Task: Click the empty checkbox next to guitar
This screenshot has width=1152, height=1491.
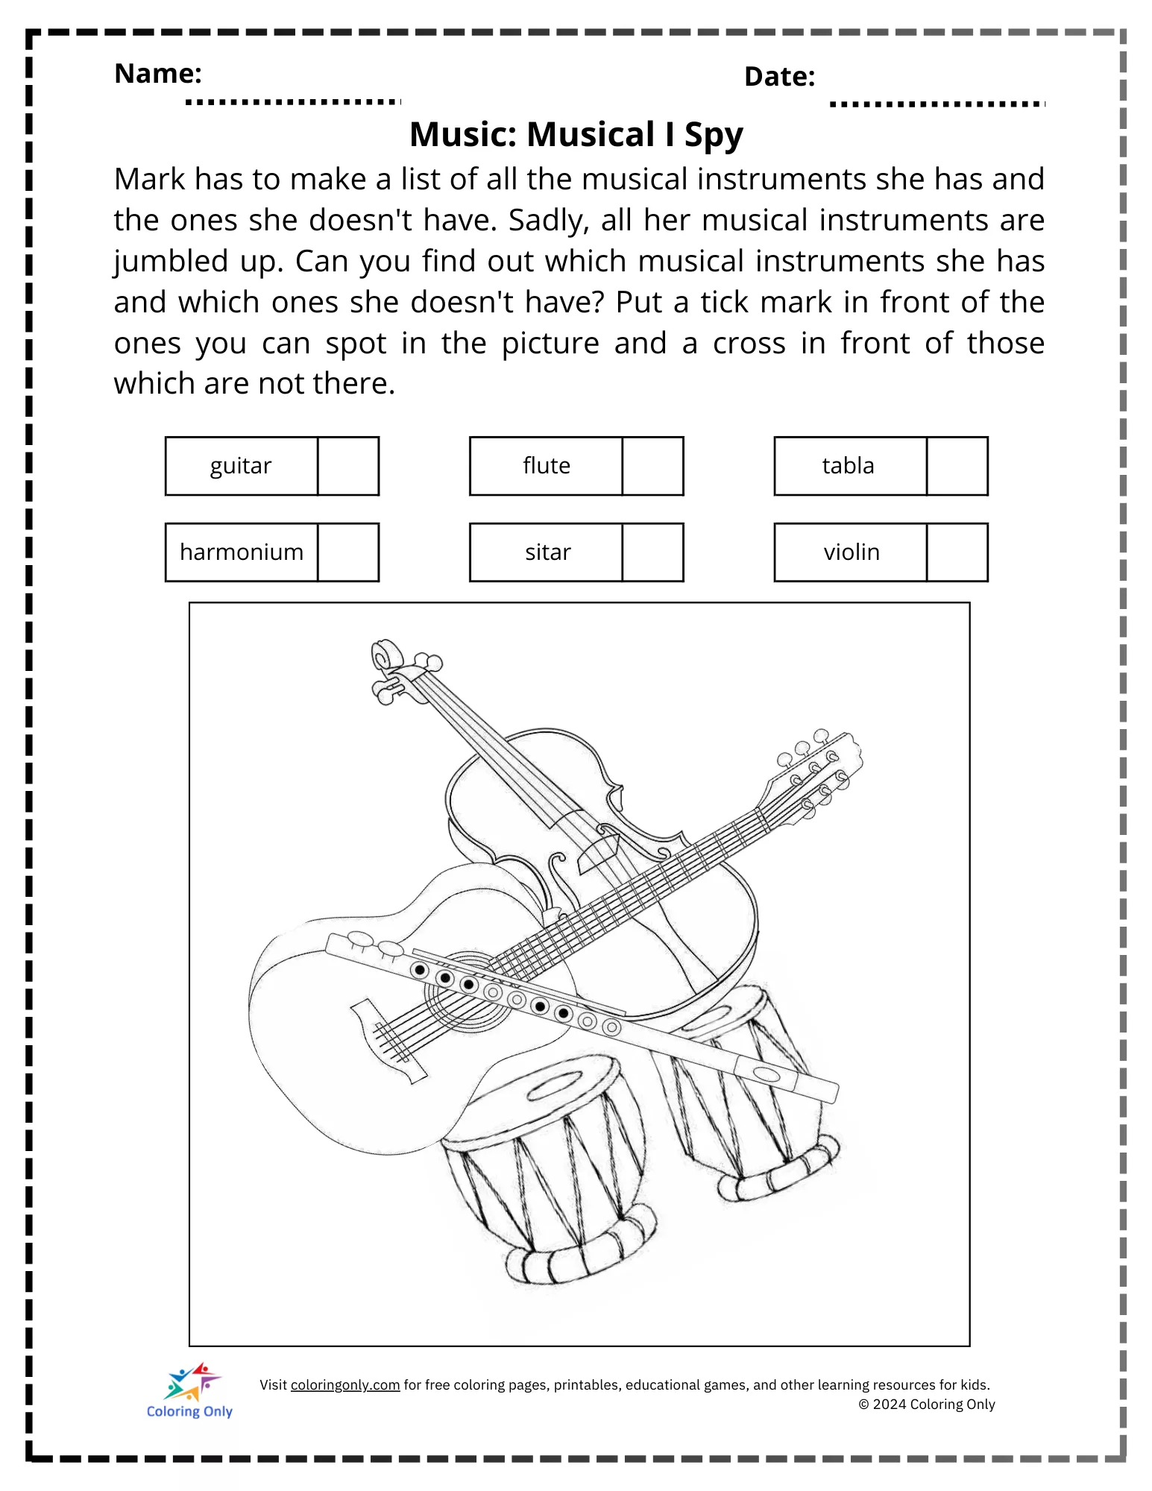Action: pos(348,466)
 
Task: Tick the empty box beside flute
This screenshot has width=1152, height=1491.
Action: pos(652,466)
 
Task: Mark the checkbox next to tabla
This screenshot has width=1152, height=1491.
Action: pos(957,466)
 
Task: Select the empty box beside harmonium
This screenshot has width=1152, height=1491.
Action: pos(348,552)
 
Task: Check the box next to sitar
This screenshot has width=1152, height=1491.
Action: pos(652,552)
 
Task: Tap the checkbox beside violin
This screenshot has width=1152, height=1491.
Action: pos(957,552)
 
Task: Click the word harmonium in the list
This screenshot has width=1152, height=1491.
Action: pos(242,552)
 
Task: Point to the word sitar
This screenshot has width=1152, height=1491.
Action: pos(547,552)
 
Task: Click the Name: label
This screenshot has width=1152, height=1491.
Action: pos(158,74)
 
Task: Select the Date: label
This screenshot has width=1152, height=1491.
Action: pos(779,77)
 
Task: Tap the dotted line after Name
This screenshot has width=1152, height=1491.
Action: pos(292,101)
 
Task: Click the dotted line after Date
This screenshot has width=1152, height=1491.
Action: pos(937,104)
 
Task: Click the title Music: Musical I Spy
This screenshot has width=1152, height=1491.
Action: pos(576,135)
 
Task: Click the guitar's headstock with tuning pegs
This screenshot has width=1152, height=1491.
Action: pos(816,772)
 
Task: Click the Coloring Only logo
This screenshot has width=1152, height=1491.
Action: pos(191,1391)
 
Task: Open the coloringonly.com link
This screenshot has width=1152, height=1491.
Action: pos(345,1385)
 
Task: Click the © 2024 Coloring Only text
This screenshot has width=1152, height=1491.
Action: pos(927,1405)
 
